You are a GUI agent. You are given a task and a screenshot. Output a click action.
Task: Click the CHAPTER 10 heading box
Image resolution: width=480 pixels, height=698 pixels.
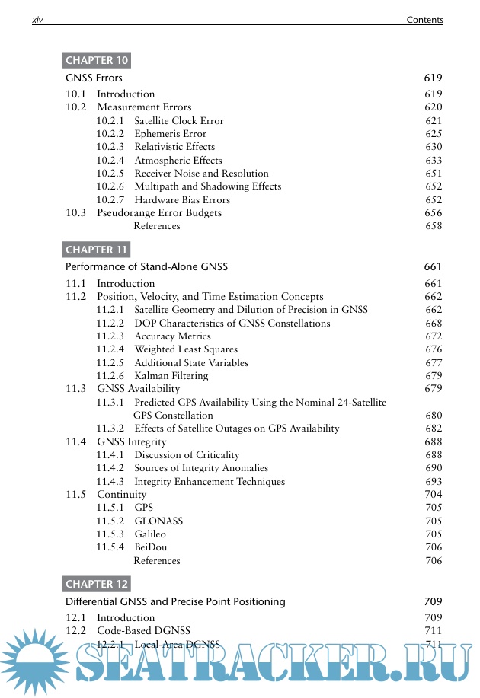(96, 61)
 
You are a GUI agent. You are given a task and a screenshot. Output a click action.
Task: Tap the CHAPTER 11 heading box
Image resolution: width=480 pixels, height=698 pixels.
(96, 250)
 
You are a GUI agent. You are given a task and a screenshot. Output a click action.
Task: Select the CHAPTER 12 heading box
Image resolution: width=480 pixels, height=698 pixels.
(96, 584)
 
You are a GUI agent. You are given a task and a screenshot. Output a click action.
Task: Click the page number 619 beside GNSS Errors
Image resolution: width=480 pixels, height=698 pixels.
(433, 78)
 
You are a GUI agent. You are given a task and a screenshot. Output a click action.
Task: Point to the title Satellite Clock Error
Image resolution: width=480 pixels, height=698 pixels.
(179, 120)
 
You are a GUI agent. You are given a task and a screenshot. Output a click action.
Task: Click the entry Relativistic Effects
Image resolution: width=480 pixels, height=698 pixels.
(174, 147)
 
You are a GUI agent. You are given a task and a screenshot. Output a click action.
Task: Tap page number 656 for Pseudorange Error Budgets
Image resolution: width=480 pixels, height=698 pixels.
(433, 213)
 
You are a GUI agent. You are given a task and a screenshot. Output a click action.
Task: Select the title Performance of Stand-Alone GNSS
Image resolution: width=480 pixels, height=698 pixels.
(146, 266)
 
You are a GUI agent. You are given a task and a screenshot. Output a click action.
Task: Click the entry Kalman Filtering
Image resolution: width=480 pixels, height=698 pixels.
(171, 376)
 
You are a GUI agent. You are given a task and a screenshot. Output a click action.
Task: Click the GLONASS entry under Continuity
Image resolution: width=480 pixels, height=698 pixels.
(158, 521)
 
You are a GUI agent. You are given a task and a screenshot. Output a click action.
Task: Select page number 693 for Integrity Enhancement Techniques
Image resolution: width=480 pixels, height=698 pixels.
(433, 482)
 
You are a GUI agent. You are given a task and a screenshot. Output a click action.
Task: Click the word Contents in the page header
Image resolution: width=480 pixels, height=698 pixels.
(424, 20)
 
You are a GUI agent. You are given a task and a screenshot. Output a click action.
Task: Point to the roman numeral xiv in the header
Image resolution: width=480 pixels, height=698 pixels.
(37, 20)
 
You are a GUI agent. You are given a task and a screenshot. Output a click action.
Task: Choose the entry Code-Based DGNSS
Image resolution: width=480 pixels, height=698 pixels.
(143, 630)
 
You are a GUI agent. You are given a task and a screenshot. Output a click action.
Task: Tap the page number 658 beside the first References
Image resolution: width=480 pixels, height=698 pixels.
(433, 226)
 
